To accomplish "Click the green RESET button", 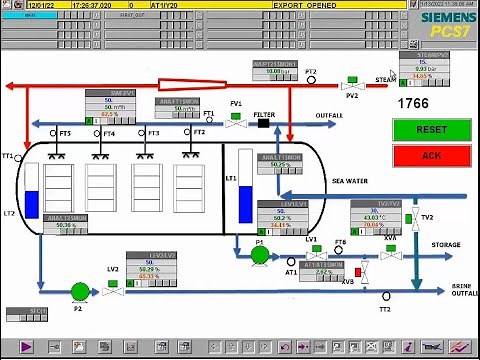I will point(431,130).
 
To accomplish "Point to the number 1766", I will point(414,103).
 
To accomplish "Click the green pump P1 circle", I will point(259,255).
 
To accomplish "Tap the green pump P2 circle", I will point(79,291).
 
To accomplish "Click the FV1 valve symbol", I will point(236,122).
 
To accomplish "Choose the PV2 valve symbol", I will point(351,83).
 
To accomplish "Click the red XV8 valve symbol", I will point(363,270).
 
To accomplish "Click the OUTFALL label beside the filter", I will point(329,115).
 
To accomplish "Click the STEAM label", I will point(385,79).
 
